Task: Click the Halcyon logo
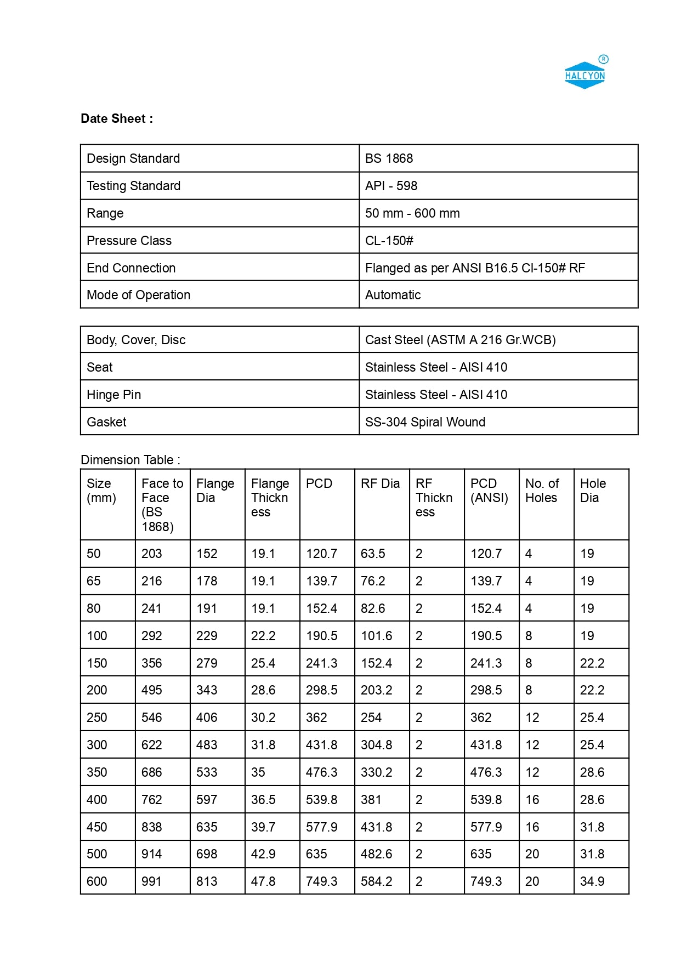[585, 75]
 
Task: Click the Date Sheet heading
[117, 118]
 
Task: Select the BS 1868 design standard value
[389, 158]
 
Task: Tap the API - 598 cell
[391, 186]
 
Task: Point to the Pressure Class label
[129, 241]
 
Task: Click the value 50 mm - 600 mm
[412, 213]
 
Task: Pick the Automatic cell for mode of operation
[393, 295]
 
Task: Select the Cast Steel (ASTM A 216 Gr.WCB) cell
[460, 340]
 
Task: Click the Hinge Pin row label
[113, 395]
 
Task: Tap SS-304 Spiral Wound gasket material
[425, 422]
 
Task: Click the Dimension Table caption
[130, 460]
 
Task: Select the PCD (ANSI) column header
[489, 491]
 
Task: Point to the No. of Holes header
[542, 491]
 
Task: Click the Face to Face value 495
[152, 690]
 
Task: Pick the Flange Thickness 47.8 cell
[263, 881]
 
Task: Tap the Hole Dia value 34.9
[592, 881]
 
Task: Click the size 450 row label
[97, 827]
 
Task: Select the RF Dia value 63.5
[373, 554]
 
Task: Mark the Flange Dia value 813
[207, 881]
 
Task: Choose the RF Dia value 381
[371, 800]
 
